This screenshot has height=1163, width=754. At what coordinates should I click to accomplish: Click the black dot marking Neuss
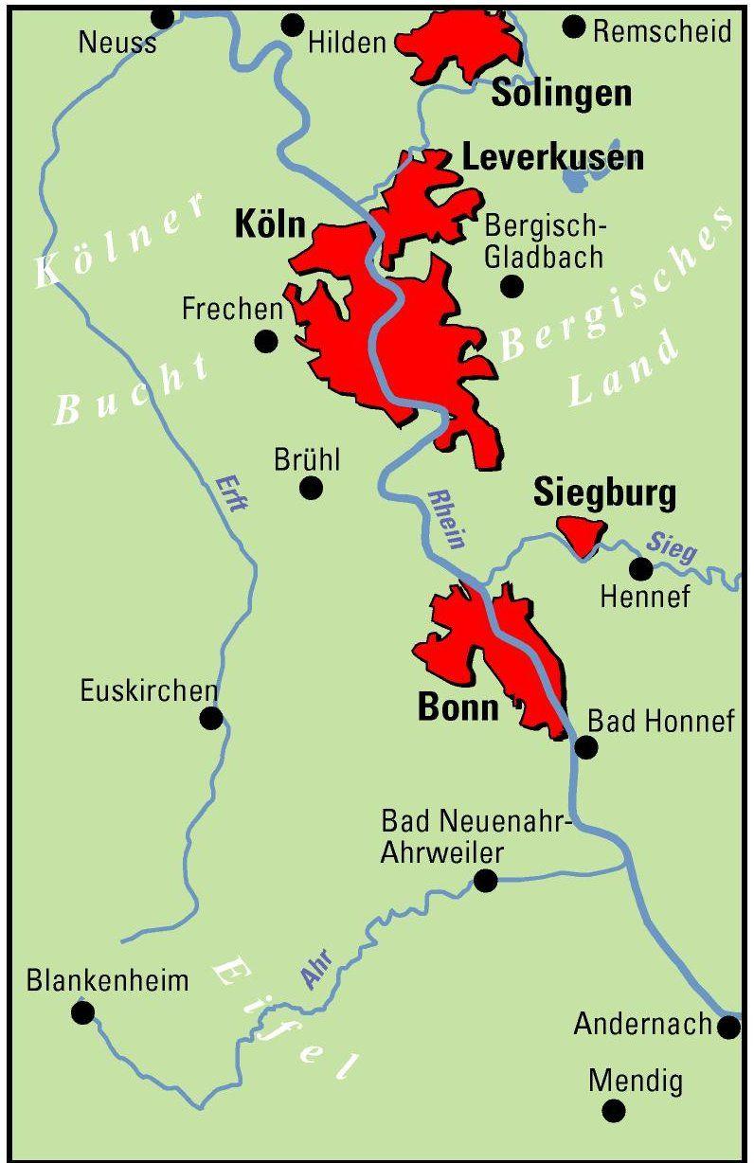pos(163,18)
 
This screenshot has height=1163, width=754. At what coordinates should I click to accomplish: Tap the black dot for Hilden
pos(293,25)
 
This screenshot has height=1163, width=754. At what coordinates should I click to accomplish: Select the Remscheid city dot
pos(573,26)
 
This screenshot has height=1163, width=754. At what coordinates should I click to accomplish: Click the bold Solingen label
pos(561,93)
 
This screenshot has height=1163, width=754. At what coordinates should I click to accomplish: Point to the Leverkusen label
pos(552,157)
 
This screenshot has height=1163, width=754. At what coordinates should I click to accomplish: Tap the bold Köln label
pos(270,225)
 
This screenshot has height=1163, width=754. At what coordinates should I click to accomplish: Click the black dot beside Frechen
pos(267,340)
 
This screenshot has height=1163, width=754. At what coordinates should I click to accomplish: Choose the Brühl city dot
pos(311,488)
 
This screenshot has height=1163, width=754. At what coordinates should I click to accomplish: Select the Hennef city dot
pos(641,569)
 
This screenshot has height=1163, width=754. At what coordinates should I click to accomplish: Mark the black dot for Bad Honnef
pos(586,747)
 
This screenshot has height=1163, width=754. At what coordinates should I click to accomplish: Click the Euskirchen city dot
pos(211,718)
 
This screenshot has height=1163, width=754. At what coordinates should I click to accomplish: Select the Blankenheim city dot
pos(83,1013)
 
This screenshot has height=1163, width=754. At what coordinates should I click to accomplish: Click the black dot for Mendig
pos(614,1111)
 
